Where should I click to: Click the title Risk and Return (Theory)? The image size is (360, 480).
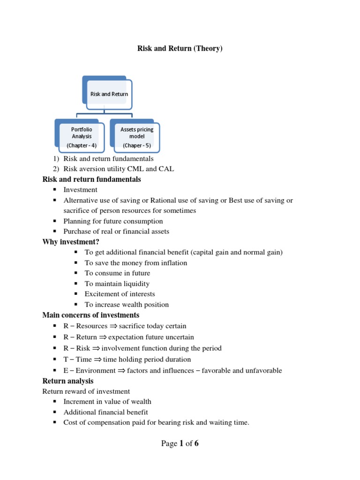179,49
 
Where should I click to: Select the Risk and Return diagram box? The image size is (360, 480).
110,94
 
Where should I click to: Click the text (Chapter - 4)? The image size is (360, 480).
82,145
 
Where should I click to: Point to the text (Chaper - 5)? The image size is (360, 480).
136,145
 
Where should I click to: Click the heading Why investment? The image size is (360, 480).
71,242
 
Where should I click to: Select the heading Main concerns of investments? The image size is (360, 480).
90,315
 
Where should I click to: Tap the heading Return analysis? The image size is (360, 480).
67,381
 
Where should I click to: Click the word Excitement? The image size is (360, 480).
102,294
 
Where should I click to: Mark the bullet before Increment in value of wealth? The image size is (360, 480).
55,401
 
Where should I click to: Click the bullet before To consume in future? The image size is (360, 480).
76,273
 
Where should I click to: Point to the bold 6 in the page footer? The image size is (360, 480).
196,443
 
